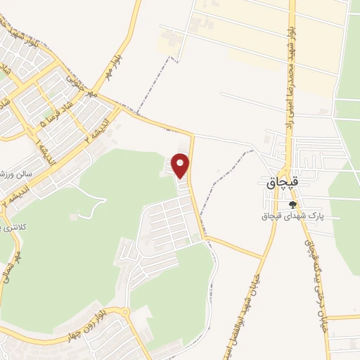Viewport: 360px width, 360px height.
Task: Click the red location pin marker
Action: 181,165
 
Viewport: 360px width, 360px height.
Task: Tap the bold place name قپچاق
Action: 284,181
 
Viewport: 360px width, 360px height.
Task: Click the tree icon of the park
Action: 292,205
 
